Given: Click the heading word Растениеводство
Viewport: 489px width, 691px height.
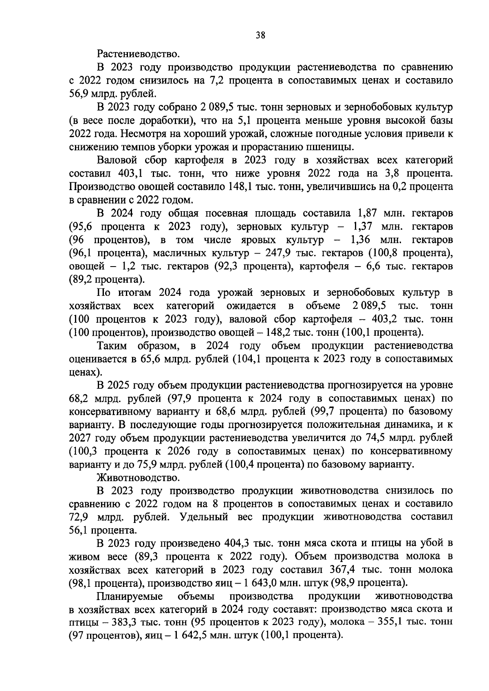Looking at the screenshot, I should pos(138,53).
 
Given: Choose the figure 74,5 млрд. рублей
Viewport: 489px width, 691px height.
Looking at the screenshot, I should pos(375,438).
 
